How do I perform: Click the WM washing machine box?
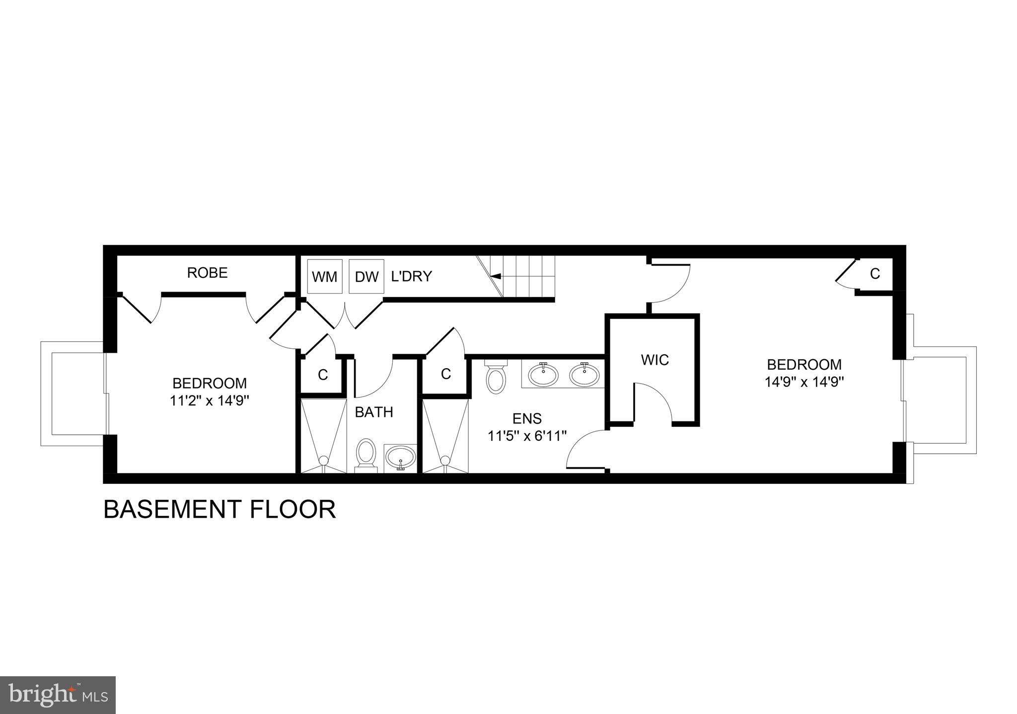(x=325, y=276)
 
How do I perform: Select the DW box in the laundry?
(x=366, y=276)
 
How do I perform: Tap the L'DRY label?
(x=411, y=276)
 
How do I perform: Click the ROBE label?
(x=207, y=273)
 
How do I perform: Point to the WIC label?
(x=654, y=360)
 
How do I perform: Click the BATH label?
(x=374, y=412)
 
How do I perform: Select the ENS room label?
(x=527, y=419)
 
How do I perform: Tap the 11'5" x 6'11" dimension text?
(x=527, y=436)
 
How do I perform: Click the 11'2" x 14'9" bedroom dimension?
(x=209, y=400)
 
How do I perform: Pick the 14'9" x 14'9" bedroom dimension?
(x=804, y=382)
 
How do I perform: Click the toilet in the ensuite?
(x=495, y=379)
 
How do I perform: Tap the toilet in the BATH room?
(x=366, y=453)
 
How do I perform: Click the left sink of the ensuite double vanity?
(x=543, y=375)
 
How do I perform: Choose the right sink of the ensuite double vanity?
(x=584, y=375)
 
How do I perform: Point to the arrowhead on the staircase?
(x=495, y=276)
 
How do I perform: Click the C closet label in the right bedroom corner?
(x=875, y=273)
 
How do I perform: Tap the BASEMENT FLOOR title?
(x=219, y=510)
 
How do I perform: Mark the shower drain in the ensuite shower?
(x=445, y=460)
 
